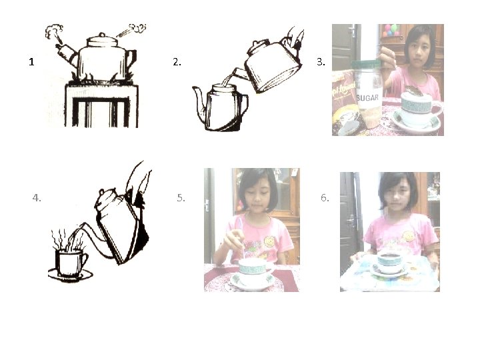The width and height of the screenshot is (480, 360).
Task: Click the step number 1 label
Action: point(31,62)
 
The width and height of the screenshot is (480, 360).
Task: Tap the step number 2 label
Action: point(177,62)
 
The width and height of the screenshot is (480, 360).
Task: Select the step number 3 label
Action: point(321,62)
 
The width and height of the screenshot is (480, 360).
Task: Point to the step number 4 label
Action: point(37,198)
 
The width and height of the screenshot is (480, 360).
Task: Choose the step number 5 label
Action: point(181,198)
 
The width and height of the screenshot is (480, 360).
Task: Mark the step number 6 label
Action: point(325,198)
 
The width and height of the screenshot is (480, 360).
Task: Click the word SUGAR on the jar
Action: point(367,98)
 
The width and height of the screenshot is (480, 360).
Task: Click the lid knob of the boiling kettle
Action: point(102,35)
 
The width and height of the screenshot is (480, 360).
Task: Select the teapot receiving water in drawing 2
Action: point(221,107)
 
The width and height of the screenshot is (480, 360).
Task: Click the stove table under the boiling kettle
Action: point(101,105)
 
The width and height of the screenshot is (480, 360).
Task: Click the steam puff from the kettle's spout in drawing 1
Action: point(53,31)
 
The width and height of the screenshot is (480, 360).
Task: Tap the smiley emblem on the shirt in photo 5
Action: point(270,241)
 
